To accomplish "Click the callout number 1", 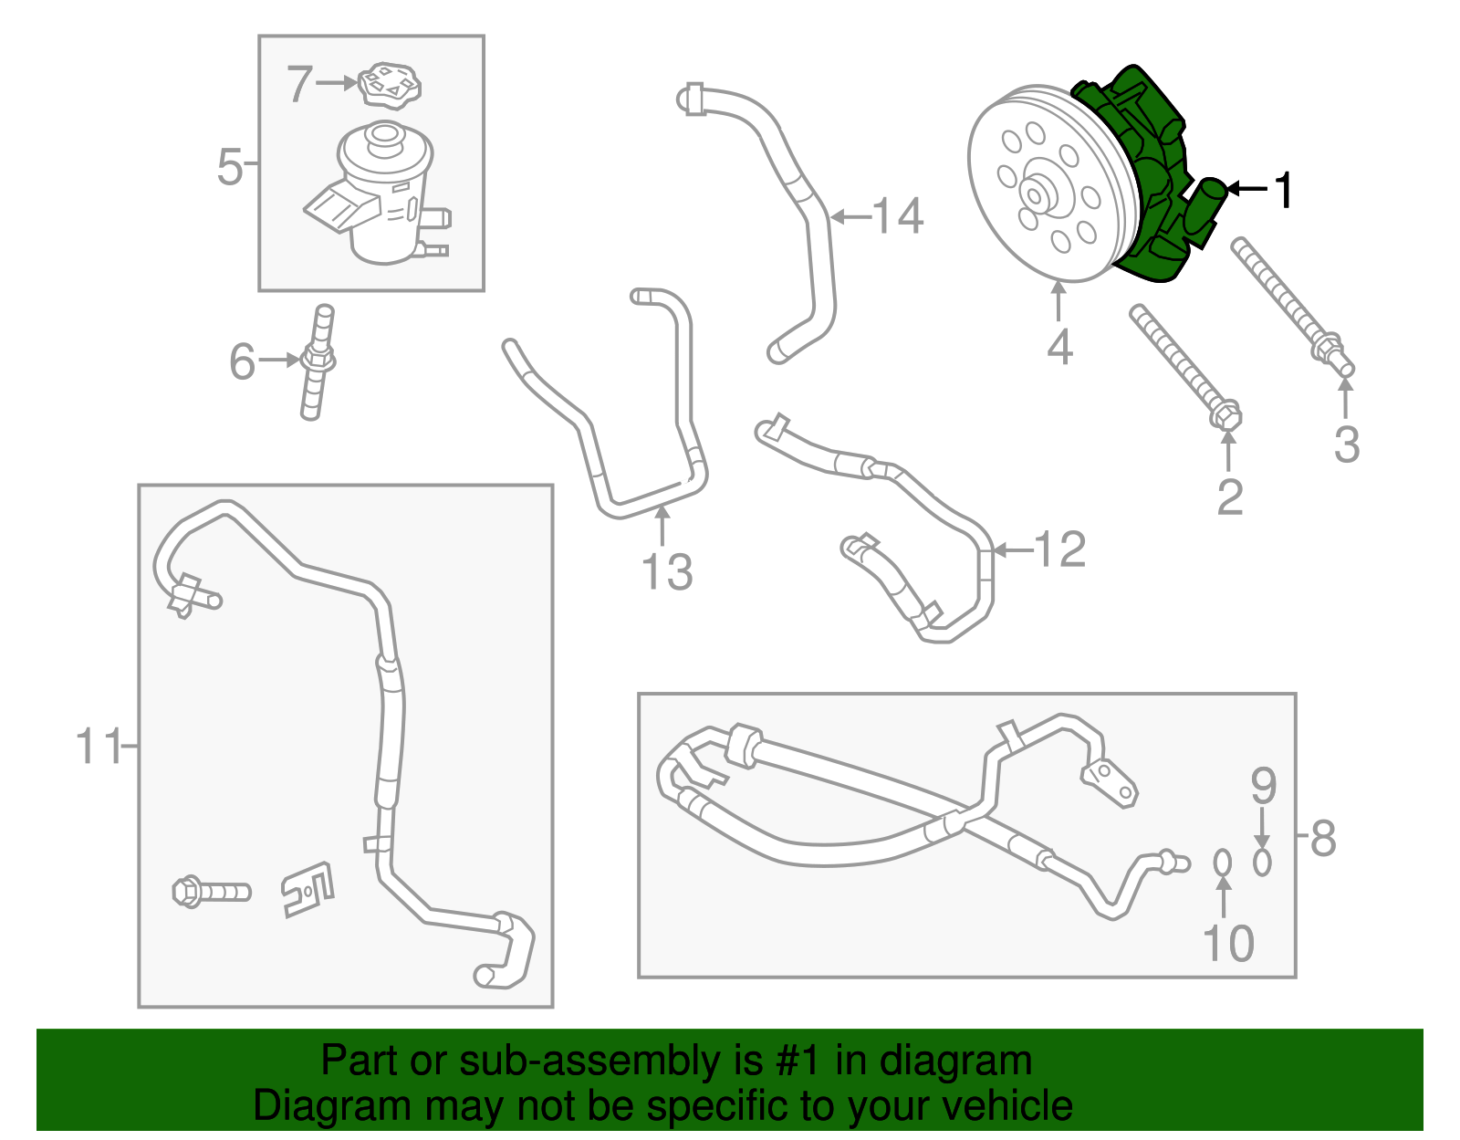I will tap(1283, 191).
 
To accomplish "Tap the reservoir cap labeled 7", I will tap(390, 84).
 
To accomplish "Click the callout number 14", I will tap(898, 216).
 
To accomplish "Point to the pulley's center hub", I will tap(1036, 194).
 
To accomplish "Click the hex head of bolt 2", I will tap(1225, 417).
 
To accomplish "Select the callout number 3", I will tap(1346, 444).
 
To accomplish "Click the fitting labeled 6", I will tap(316, 362).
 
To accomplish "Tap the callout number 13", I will tap(667, 572).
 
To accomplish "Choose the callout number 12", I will tap(1059, 550).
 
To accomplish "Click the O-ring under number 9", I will tap(1262, 861).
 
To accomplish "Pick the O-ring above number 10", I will tap(1223, 861).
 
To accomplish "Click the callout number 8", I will tap(1323, 837).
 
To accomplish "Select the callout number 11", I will tap(99, 747).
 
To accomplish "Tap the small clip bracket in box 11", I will tap(308, 888).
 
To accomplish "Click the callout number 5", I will tap(230, 167).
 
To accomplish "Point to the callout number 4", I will tap(1058, 347).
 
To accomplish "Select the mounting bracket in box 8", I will tap(1111, 782).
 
